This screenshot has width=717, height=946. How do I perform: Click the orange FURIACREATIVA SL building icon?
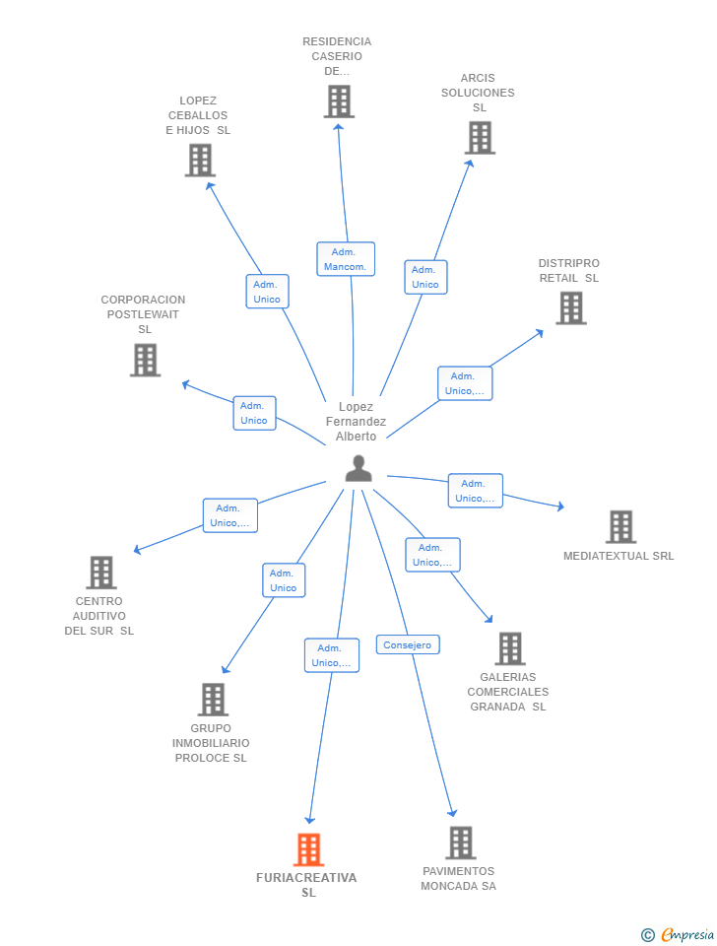(x=308, y=849)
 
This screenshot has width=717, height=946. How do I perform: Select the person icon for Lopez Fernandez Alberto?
(x=358, y=468)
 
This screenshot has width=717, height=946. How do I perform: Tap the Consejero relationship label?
(x=408, y=644)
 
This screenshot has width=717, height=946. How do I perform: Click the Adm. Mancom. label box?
(x=345, y=259)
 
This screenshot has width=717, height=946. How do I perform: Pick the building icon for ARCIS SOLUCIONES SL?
(x=480, y=138)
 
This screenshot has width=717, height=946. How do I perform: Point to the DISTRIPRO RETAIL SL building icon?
(x=570, y=308)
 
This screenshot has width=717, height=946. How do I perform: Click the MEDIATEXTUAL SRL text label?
(x=619, y=556)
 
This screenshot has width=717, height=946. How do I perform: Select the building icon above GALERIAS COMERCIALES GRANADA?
(x=509, y=648)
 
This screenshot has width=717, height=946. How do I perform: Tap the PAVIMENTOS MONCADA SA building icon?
(x=460, y=843)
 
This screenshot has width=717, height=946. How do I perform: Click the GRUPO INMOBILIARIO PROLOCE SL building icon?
(x=213, y=700)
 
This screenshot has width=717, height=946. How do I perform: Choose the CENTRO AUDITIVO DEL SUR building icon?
(x=100, y=573)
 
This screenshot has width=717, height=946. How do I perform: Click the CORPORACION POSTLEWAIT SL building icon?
(x=145, y=360)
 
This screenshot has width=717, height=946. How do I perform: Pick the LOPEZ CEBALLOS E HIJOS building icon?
(x=200, y=160)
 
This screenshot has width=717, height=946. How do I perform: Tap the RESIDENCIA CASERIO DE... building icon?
(x=339, y=101)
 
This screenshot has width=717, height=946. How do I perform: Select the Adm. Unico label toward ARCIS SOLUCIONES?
(x=425, y=277)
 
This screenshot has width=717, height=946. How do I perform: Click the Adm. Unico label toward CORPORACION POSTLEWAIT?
(x=254, y=413)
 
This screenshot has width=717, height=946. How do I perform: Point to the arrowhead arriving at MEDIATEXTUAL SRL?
(x=560, y=507)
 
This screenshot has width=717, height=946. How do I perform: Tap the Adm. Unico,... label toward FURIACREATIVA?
(x=332, y=655)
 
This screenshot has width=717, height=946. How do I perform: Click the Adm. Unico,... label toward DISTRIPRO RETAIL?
(x=465, y=383)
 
